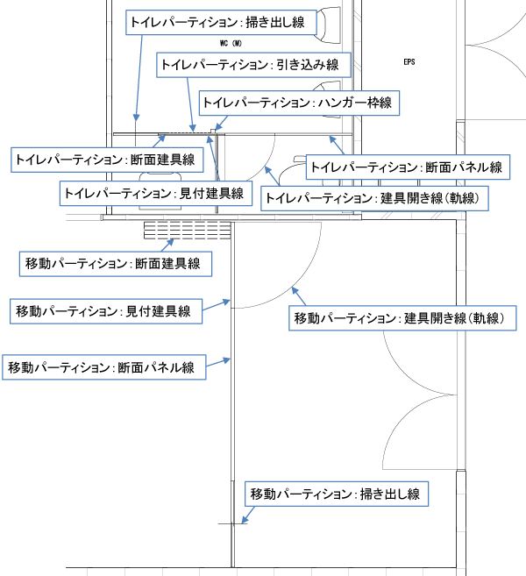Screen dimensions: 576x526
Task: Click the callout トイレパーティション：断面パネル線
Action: tap(406, 167)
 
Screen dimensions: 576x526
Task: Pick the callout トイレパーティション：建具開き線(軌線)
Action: tap(376, 198)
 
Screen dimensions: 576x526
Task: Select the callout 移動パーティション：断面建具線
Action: tap(112, 263)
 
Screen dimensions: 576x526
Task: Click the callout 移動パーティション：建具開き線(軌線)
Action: tap(403, 317)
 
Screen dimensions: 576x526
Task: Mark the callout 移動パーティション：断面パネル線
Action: tap(103, 366)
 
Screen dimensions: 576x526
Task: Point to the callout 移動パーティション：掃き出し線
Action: tap(335, 494)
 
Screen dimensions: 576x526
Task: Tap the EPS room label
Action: tap(409, 62)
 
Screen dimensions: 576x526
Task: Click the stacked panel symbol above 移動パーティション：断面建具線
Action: tap(187, 231)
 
